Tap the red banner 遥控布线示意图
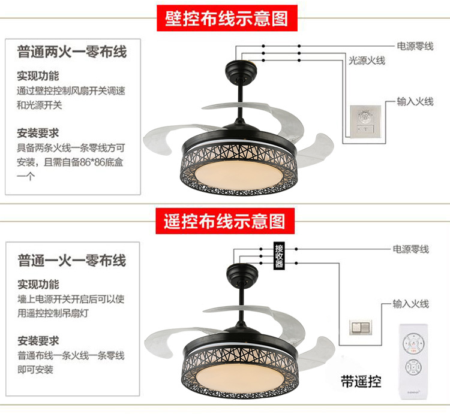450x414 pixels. (224, 222)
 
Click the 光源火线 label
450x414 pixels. (367, 61)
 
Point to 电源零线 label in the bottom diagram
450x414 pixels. (411, 249)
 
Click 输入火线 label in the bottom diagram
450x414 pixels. (411, 304)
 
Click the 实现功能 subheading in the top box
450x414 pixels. (38, 76)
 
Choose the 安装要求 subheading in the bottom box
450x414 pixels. (38, 340)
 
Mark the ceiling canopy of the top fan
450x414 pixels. (239, 72)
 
